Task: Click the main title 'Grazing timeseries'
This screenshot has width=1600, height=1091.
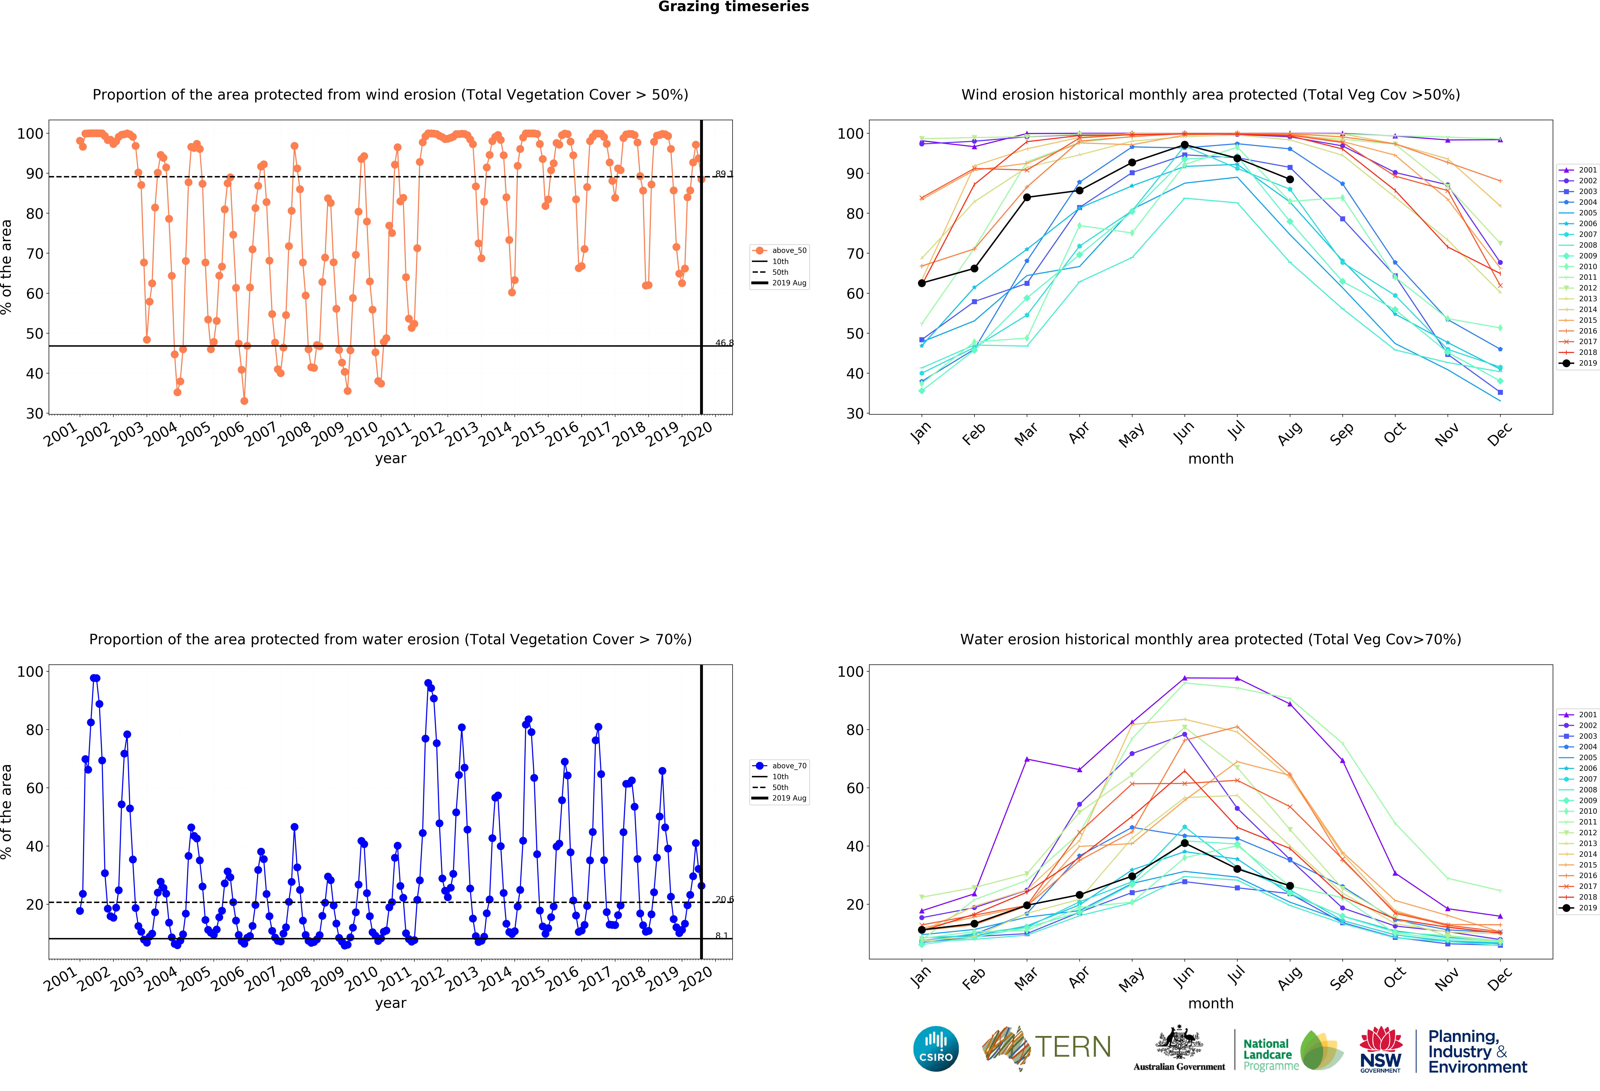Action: coord(733,7)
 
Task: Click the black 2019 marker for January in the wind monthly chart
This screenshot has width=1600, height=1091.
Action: coord(922,283)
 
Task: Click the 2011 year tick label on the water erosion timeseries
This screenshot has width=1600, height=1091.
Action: coord(395,978)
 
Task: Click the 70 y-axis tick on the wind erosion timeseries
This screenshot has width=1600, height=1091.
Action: coord(34,253)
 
